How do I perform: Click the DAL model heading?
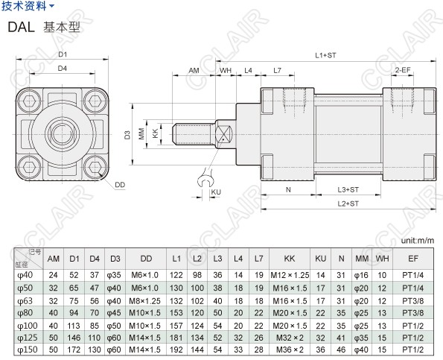tap(21, 27)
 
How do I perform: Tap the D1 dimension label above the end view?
tap(62, 54)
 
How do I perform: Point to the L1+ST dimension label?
tap(325, 55)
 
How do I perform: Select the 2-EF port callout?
tap(403, 70)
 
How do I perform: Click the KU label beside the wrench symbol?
tap(216, 192)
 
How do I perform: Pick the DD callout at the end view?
tap(120, 185)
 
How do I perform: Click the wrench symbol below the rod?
tap(205, 179)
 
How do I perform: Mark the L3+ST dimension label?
tap(348, 189)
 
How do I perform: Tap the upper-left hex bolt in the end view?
tap(29, 101)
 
